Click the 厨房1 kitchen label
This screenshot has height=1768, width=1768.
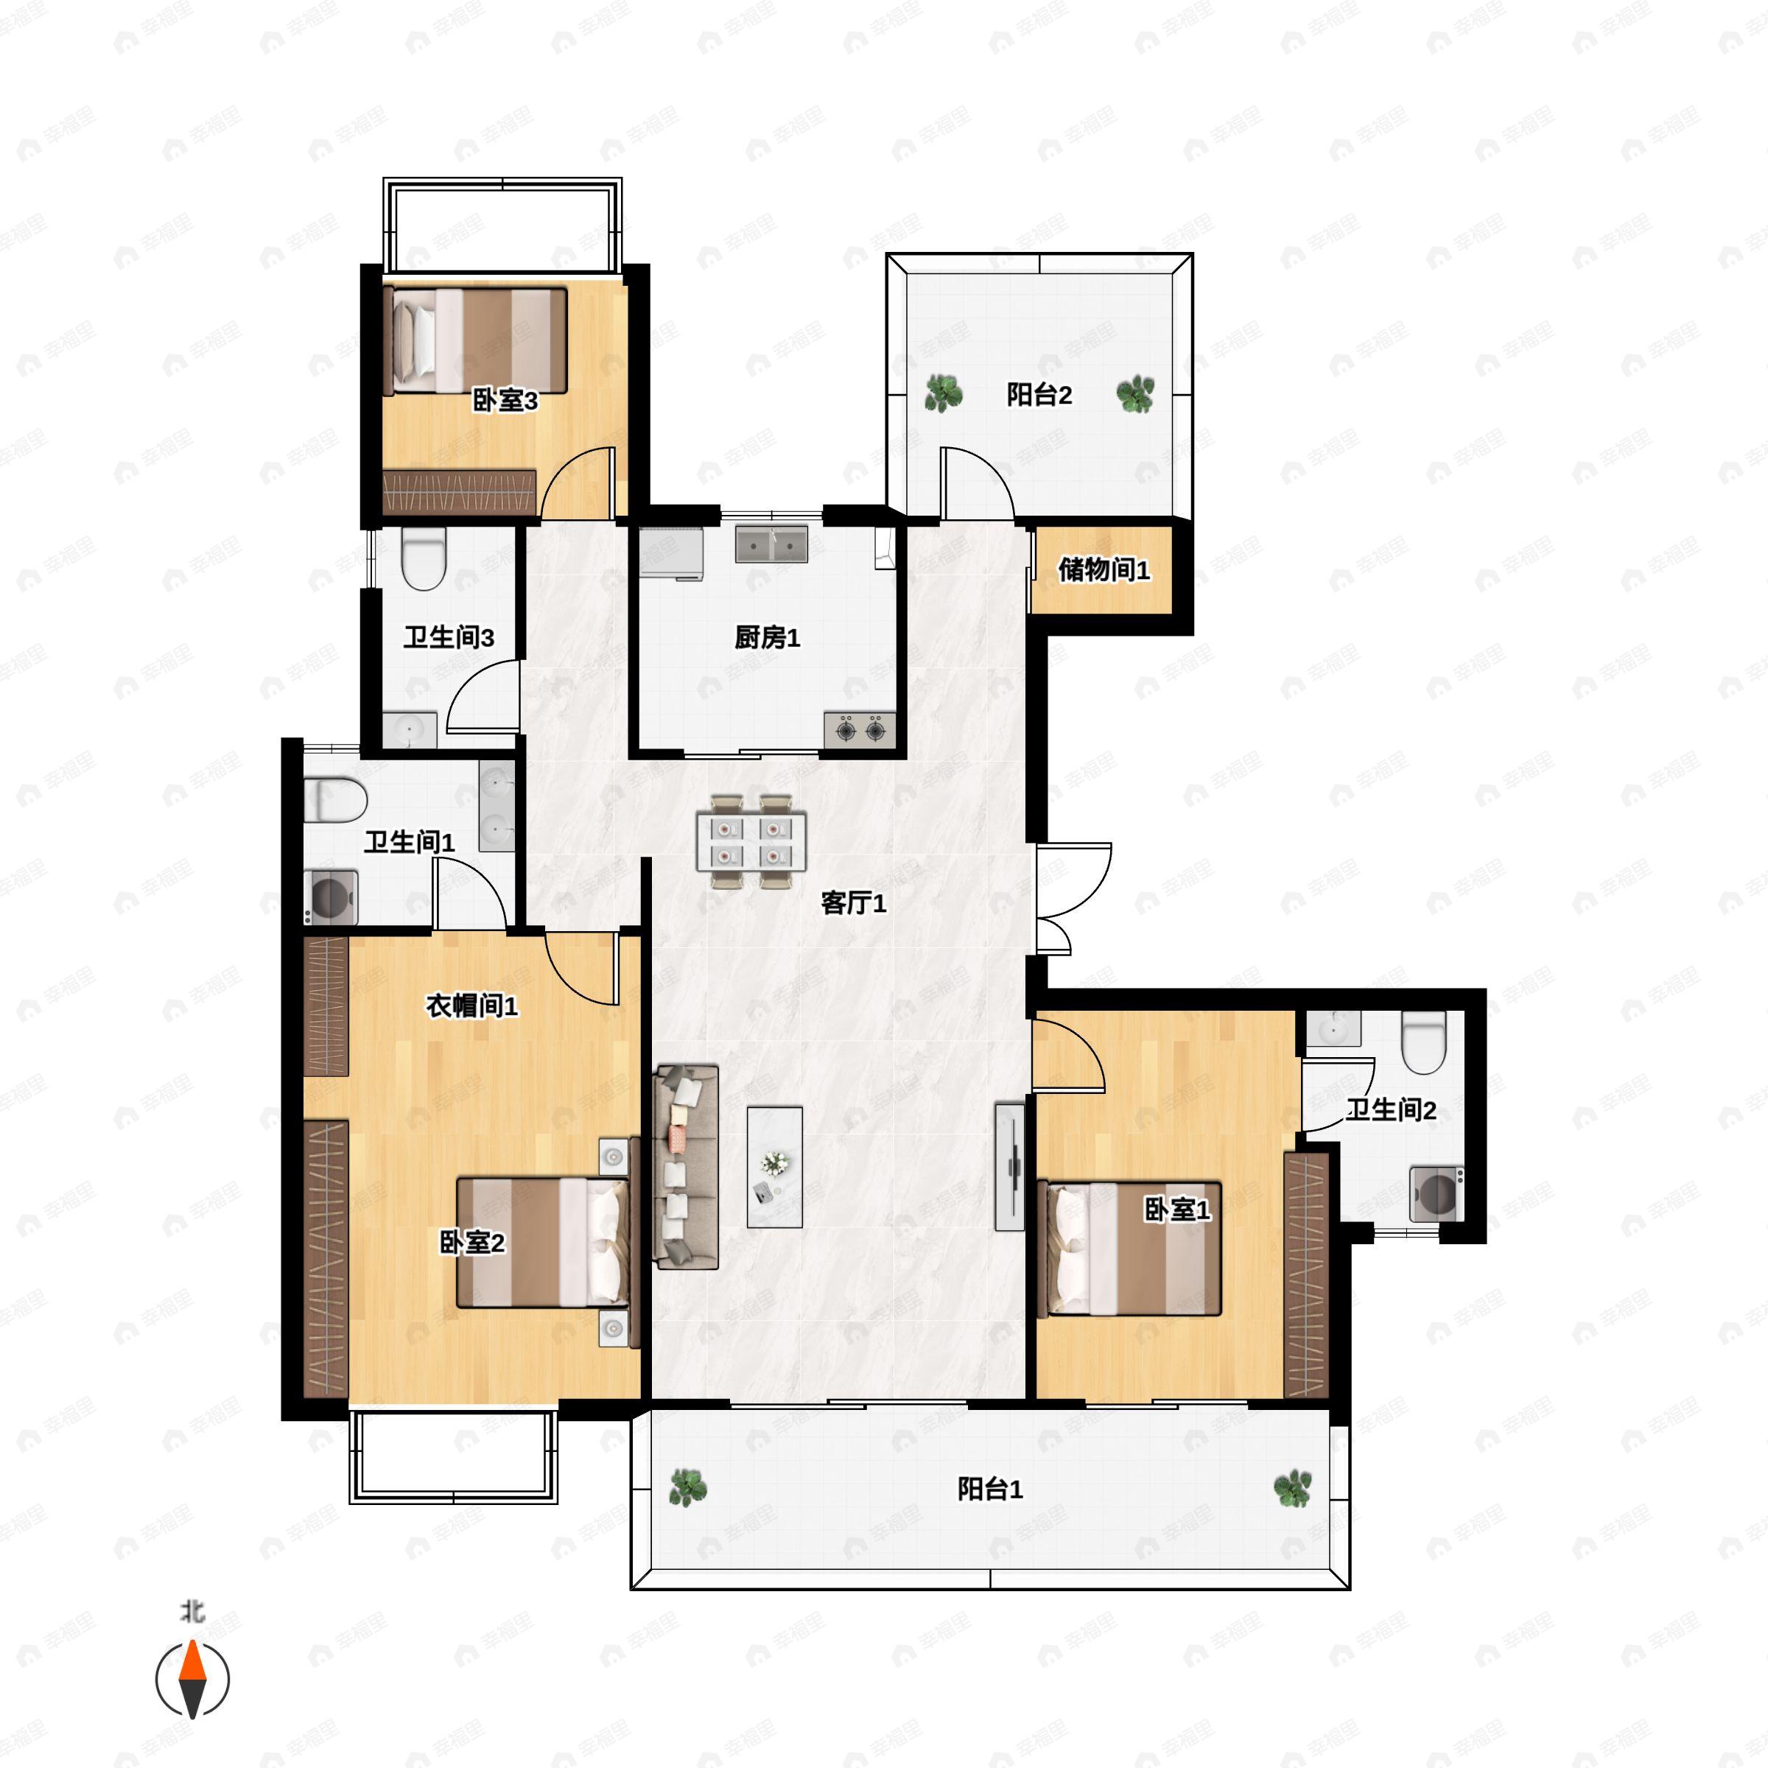tap(767, 638)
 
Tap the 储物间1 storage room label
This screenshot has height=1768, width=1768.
tap(1104, 570)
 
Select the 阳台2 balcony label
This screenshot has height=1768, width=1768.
tap(1039, 394)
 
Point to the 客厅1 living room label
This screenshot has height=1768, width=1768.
tap(853, 903)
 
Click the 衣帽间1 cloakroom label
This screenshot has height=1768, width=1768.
tap(471, 1006)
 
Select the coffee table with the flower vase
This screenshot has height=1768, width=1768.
tap(774, 1167)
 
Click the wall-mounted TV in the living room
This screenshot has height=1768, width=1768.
tap(1009, 1167)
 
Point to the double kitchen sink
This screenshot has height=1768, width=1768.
tap(771, 544)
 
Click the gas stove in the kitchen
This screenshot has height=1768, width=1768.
tap(860, 729)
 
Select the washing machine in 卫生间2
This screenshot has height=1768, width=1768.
tap(1436, 1193)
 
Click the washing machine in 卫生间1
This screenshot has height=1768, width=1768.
tap(330, 898)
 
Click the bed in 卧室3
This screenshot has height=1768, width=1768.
tap(475, 340)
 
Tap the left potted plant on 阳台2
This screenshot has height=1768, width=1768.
tap(943, 393)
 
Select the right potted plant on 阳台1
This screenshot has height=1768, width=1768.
tap(1292, 1489)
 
